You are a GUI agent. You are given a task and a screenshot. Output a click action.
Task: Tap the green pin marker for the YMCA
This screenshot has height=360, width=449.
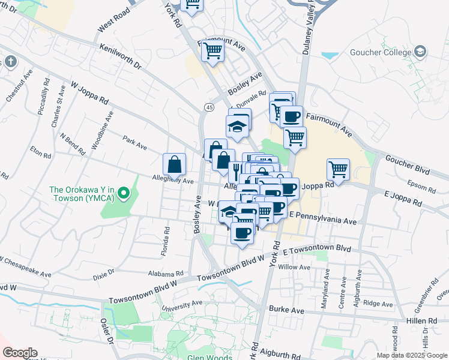point(124,193)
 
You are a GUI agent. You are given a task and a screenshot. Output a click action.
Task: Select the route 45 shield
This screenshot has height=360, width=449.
point(208,107)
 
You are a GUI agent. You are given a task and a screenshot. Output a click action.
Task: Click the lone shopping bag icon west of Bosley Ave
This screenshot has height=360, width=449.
point(174,163)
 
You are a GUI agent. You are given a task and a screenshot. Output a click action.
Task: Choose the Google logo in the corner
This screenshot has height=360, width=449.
point(20,353)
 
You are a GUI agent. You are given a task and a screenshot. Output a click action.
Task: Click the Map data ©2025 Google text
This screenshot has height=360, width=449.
point(412,355)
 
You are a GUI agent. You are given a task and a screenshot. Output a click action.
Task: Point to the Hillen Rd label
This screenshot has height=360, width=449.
point(424,321)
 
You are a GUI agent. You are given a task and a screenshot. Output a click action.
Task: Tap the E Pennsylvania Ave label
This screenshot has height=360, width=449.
point(323,218)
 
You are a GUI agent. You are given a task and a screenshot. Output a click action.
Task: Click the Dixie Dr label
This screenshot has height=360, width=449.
point(104,275)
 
